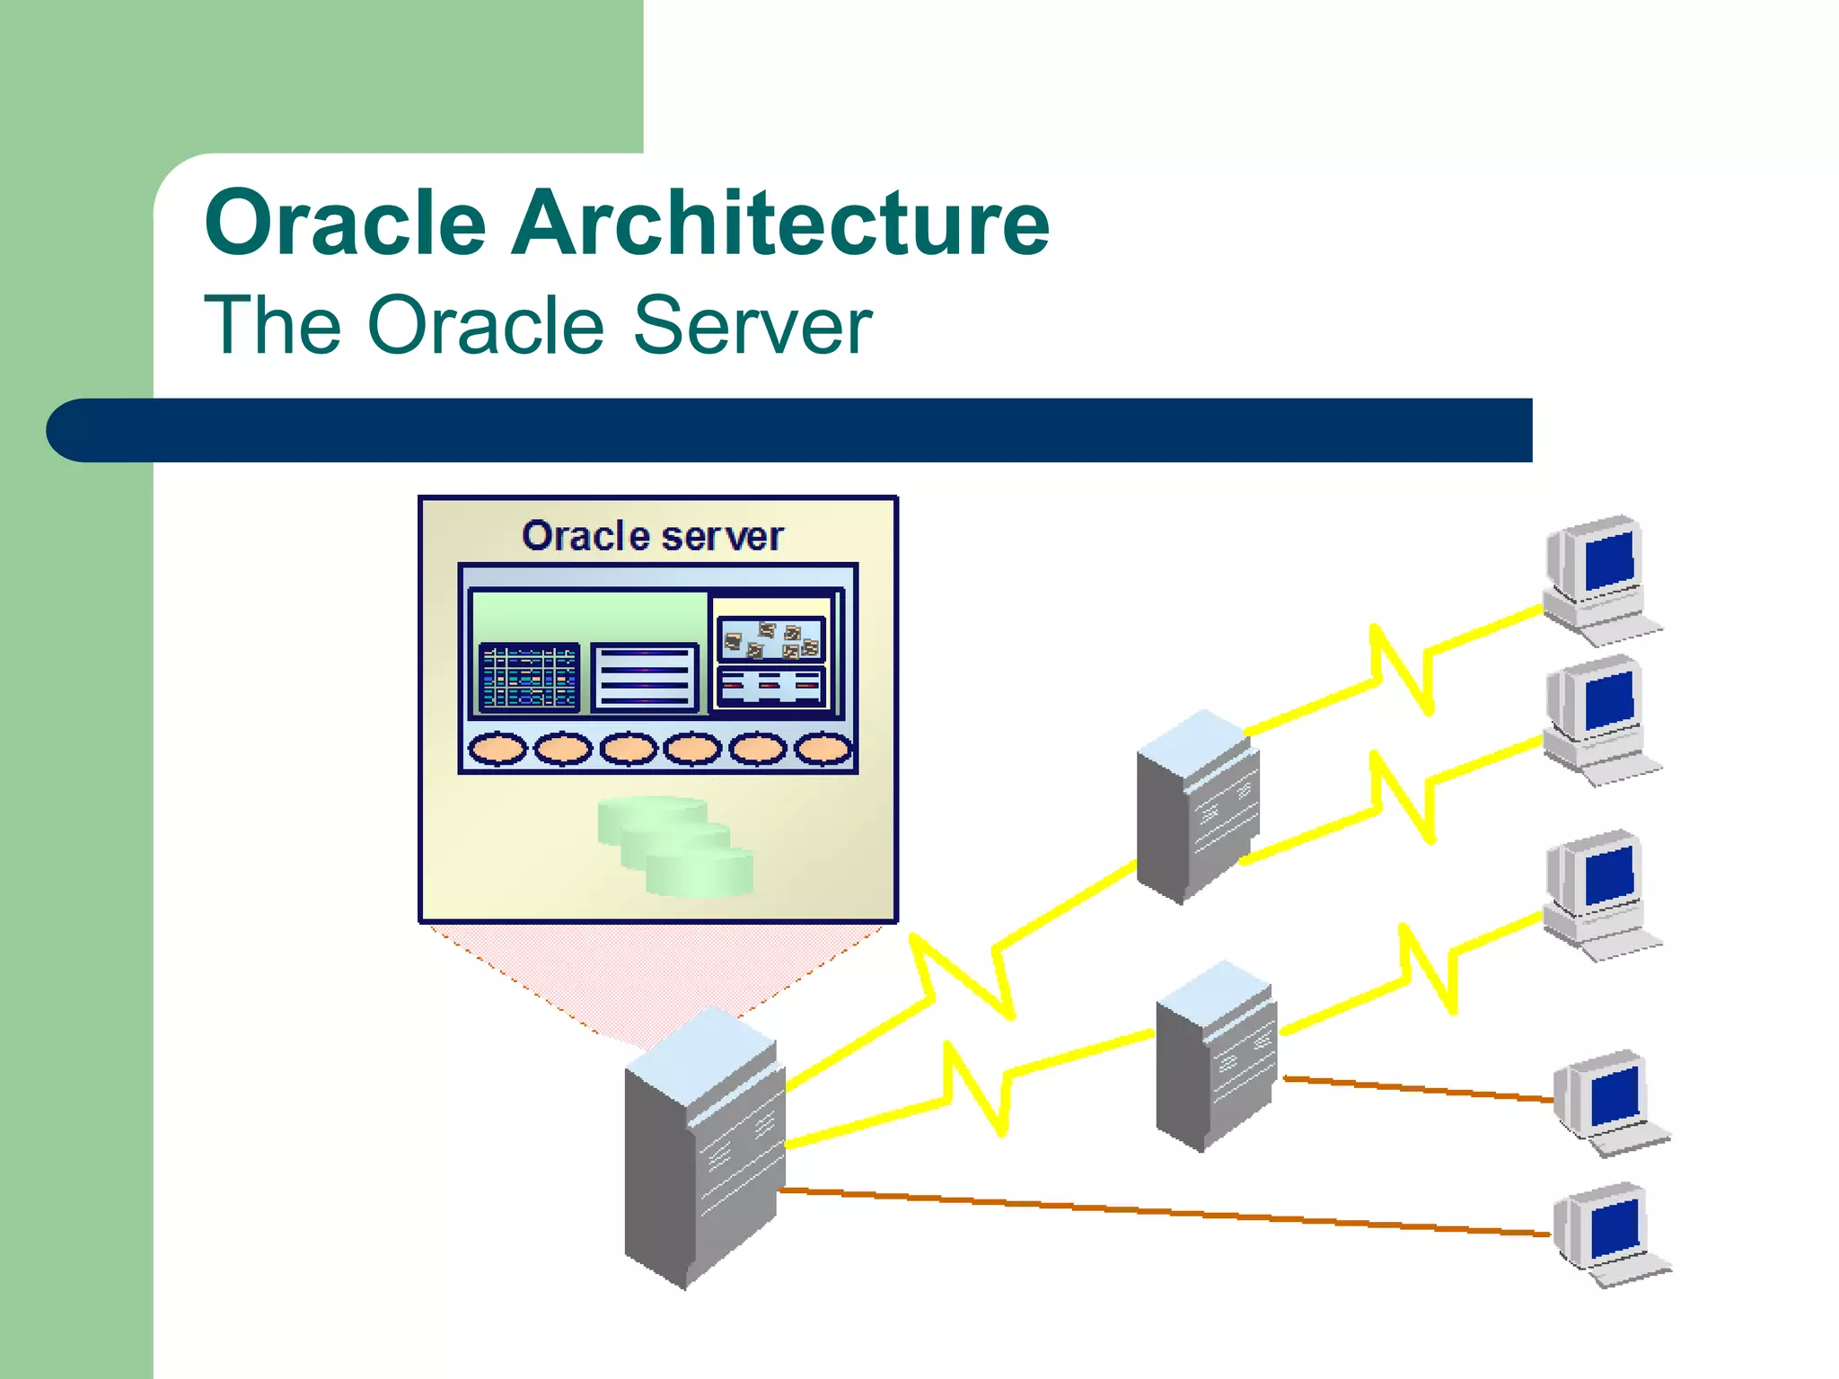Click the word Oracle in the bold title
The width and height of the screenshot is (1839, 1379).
coord(346,224)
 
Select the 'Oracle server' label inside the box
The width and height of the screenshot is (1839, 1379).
coord(653,536)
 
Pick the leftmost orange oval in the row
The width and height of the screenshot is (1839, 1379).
coord(497,748)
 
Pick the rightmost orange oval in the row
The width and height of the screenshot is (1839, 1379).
coord(823,748)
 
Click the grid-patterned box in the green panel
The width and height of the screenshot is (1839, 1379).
coord(529,678)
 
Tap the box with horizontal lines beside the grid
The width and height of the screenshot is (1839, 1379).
coord(644,678)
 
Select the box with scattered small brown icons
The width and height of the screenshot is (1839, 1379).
coord(771,638)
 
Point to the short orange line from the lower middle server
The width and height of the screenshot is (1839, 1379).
coord(1419,1089)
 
